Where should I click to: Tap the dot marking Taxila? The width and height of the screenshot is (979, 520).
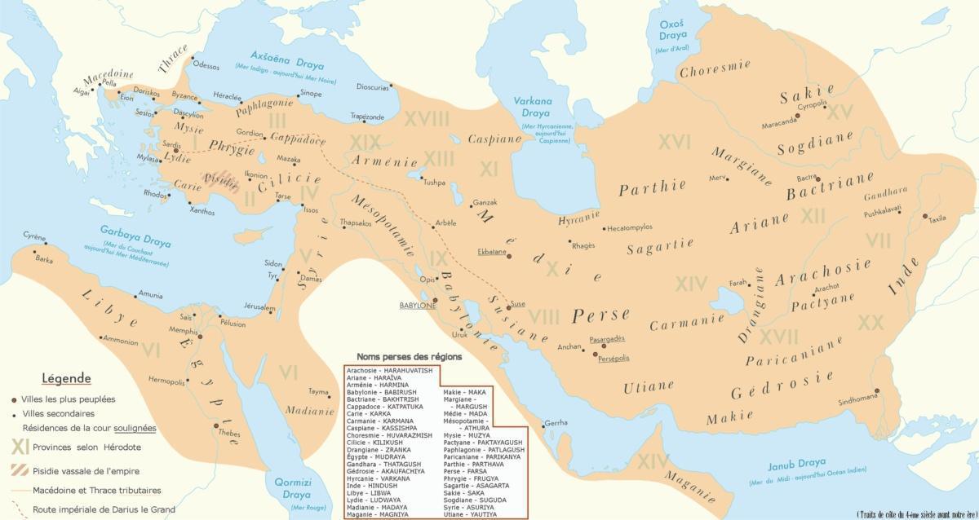pyautogui.click(x=925, y=216)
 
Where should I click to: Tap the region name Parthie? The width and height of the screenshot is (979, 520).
pyautogui.click(x=652, y=188)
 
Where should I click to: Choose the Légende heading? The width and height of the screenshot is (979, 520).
pyautogui.click(x=67, y=379)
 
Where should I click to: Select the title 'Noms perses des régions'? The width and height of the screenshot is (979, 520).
pyautogui.click(x=410, y=357)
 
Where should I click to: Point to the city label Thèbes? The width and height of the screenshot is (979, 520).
pyautogui.click(x=229, y=434)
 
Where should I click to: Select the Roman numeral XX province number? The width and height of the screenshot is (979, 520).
pyautogui.click(x=870, y=322)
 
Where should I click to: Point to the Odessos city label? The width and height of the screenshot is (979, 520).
pyautogui.click(x=206, y=66)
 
